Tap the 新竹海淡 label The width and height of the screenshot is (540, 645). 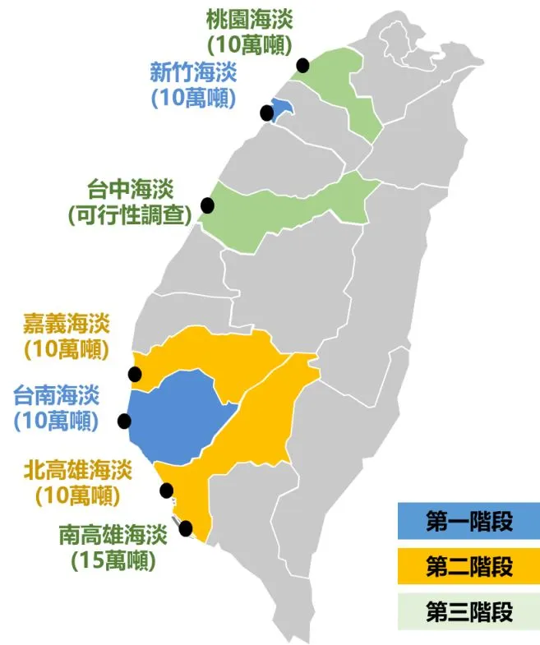(x=192, y=72)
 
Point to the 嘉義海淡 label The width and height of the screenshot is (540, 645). (x=67, y=323)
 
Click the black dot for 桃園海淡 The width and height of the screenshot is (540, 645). (x=303, y=65)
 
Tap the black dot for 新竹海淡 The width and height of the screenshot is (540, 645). (x=266, y=113)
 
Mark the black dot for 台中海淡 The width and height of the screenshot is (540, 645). (x=207, y=205)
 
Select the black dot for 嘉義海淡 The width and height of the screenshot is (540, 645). (x=136, y=375)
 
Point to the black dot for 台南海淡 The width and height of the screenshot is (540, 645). (x=124, y=422)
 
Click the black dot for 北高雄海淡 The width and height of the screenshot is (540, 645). (x=167, y=491)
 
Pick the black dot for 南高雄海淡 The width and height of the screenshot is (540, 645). (x=186, y=528)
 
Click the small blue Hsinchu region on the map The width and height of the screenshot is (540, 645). (x=282, y=108)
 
